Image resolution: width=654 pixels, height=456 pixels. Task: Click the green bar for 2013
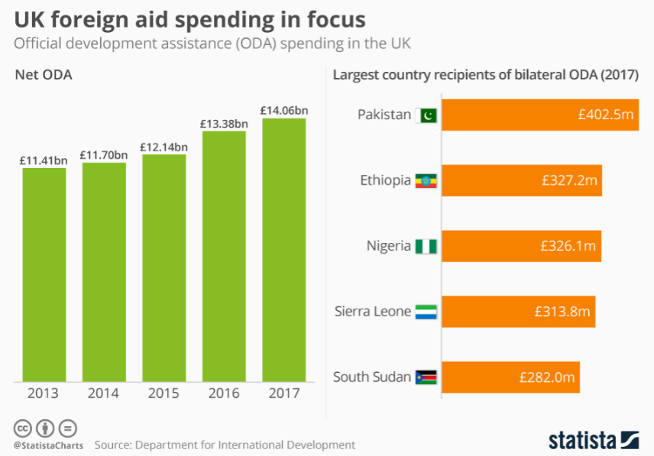coord(44,274)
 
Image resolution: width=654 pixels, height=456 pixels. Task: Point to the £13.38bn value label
coord(224,123)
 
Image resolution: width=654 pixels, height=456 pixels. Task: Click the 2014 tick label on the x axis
coord(103,393)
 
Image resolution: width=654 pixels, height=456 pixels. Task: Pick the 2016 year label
coord(224,393)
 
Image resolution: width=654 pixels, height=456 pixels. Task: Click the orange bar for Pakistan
coord(539,115)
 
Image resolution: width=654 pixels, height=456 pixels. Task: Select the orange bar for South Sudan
coord(510,377)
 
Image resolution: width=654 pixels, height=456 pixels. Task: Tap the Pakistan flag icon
coord(426,115)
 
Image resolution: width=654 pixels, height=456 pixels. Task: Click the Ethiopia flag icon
coord(426,181)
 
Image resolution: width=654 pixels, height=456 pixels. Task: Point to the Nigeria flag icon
coord(426,247)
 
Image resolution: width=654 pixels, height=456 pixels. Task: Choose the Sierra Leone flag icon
coord(426,312)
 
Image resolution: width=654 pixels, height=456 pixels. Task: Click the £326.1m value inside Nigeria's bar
coord(568,247)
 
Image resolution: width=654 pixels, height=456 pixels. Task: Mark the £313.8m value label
coord(562,312)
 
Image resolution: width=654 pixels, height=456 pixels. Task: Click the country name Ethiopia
coord(385,181)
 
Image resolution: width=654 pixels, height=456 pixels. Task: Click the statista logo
coord(592,439)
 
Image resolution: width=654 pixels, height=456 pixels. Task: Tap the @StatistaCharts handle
coord(47,445)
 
